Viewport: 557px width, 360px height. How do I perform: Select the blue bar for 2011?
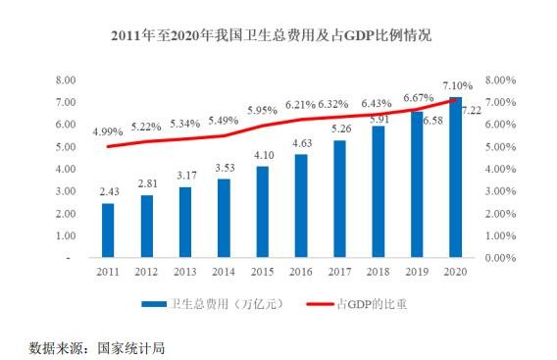[x=107, y=231]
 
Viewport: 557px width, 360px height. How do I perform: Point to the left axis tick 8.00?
[x=66, y=79]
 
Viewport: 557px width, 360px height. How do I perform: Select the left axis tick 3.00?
[x=66, y=191]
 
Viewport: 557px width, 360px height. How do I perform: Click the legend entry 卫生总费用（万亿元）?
[x=211, y=303]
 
